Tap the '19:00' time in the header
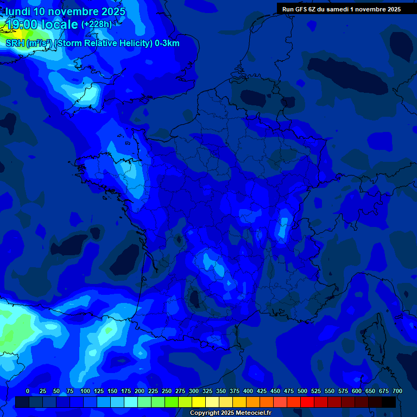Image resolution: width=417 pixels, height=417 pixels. coord(21,24)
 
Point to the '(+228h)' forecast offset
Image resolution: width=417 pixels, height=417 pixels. coord(97,24)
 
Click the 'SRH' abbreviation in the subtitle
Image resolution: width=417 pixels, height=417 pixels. coord(15,43)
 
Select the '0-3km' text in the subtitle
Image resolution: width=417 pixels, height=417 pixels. coord(167,43)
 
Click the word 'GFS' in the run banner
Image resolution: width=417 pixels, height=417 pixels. coord(300,9)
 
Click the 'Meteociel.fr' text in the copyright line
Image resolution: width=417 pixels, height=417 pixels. coord(250,413)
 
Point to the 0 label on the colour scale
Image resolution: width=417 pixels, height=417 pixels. coord(28,391)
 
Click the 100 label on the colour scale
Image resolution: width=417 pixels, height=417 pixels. coord(85,391)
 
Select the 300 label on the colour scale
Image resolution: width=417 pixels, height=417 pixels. coord(194,391)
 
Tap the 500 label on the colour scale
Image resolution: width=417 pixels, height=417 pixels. coord(302,391)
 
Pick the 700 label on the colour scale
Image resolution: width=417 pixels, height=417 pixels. coord(397,391)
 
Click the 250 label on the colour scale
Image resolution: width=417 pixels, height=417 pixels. coord(167,391)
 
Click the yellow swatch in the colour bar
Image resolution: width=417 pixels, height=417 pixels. coord(199,402)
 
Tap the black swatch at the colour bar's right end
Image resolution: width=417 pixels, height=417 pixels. coord(389,402)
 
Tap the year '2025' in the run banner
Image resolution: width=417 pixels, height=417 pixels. coord(392,9)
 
